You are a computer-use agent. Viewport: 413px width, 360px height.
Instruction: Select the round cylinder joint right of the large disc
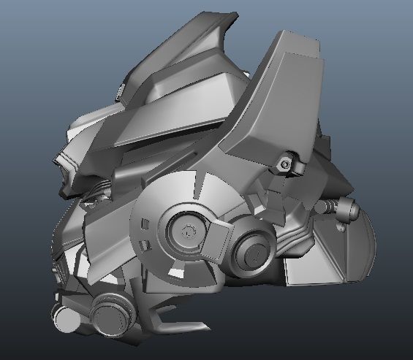[253, 252]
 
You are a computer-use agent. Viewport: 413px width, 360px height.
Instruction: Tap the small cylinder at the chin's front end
[64, 320]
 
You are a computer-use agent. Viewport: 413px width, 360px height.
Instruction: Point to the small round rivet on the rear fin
[342, 228]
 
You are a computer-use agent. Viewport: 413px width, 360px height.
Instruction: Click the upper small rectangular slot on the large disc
[147, 219]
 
